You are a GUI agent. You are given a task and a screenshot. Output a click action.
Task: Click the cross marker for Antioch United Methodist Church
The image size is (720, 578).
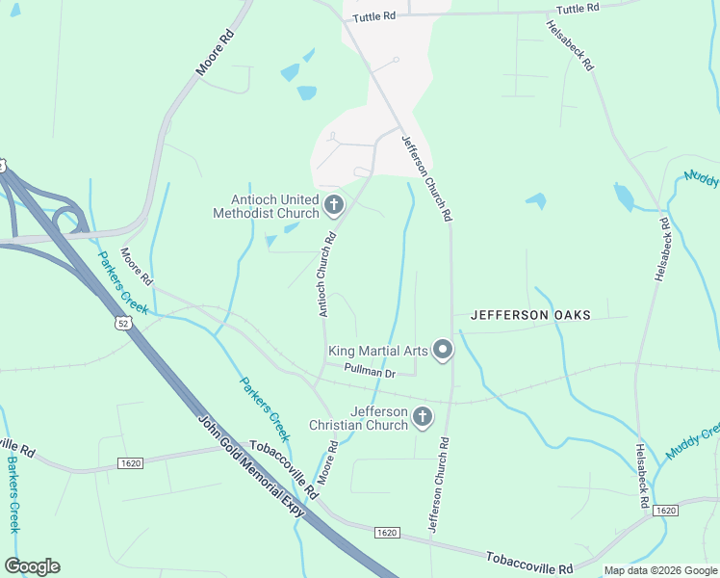pyautogui.click(x=334, y=204)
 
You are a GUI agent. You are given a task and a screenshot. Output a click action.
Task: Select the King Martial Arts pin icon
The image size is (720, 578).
pyautogui.click(x=443, y=350)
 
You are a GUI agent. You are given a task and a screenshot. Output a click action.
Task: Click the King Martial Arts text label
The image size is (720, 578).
pyautogui.click(x=377, y=352)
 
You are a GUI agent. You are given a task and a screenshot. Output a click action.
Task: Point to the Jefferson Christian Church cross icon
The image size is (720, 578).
pyautogui.click(x=422, y=417)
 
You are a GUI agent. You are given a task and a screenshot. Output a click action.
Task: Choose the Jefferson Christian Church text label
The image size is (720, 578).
pyautogui.click(x=358, y=418)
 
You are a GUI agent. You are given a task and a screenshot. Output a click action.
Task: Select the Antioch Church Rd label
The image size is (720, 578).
pyautogui.click(x=327, y=275)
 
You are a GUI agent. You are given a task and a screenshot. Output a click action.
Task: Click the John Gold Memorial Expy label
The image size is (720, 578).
pyautogui.click(x=251, y=466)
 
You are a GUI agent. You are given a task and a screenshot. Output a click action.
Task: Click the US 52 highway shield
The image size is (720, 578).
pyautogui.click(x=122, y=322)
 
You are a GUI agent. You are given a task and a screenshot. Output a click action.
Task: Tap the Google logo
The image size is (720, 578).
pyautogui.click(x=32, y=566)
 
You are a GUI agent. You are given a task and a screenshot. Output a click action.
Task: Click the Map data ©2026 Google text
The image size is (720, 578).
pyautogui.click(x=660, y=570)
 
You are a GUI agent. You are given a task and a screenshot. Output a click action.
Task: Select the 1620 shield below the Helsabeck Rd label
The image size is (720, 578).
pyautogui.click(x=664, y=510)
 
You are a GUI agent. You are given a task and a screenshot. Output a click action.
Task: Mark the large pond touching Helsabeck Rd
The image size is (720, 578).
pyautogui.click(x=625, y=197)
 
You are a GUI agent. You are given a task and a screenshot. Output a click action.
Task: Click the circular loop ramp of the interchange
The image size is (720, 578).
pyautogui.click(x=69, y=218)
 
